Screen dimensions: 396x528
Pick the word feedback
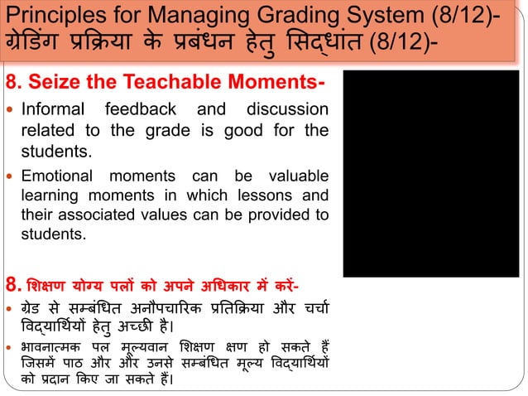tap(150, 110)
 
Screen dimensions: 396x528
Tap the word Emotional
tap(57, 176)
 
